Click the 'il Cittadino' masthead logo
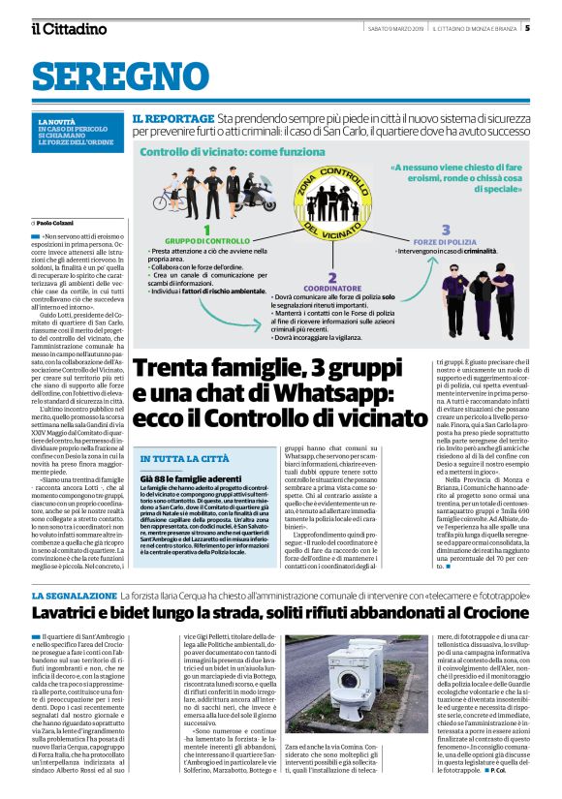coord(69,29)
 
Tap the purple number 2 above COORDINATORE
coord(332,276)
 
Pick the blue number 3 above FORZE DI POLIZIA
coord(445,230)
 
